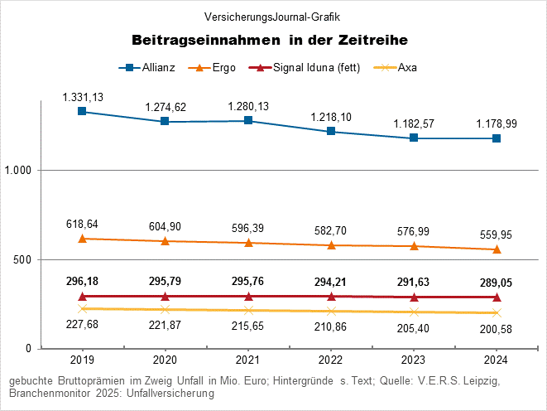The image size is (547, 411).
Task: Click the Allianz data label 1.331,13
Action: (83, 98)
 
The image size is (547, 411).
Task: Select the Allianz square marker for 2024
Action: (497, 138)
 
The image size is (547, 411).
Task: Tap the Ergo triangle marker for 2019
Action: (82, 239)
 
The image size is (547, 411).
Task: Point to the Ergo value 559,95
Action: (497, 233)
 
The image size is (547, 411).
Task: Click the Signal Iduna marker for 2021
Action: (248, 296)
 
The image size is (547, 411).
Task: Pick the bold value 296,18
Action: (82, 282)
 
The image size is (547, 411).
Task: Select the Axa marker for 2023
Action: (414, 312)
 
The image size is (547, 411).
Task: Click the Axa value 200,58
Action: (497, 329)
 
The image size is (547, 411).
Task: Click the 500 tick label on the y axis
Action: (26, 259)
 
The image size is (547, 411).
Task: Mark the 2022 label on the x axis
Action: (331, 360)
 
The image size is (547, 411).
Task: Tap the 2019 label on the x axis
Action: (82, 360)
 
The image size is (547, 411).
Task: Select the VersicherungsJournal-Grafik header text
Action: (272, 17)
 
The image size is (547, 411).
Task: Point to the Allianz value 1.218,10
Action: (331, 118)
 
